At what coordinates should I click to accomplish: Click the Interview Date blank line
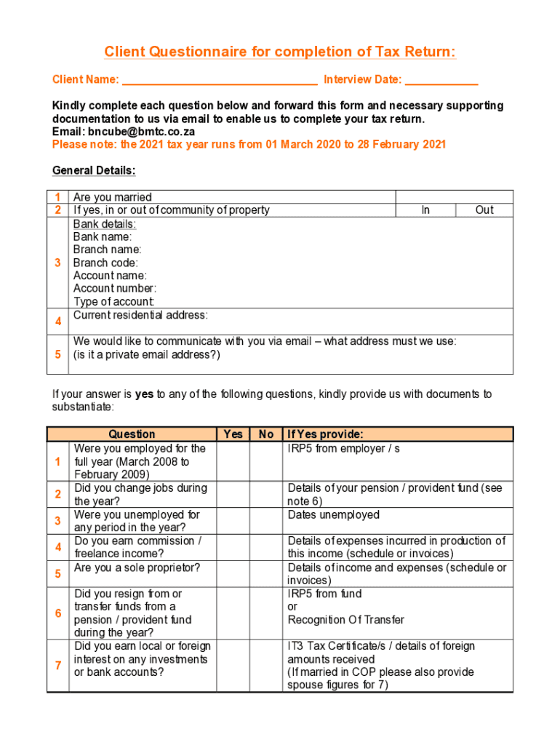[441, 80]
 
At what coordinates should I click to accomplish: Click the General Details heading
[94, 171]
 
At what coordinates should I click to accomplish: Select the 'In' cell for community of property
[425, 210]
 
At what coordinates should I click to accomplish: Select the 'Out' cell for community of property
[484, 210]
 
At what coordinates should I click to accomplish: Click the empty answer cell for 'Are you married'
[454, 197]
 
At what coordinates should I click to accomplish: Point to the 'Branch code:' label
[105, 263]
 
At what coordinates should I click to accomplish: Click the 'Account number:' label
[114, 289]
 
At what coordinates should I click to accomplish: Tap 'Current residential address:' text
[140, 315]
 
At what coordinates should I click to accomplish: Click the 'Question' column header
[132, 434]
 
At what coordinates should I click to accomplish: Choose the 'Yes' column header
[233, 434]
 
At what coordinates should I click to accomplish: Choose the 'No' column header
[266, 434]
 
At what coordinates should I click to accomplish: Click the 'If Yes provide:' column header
[325, 434]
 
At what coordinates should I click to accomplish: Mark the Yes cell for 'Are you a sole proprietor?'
[233, 574]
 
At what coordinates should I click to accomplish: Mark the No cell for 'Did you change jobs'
[266, 495]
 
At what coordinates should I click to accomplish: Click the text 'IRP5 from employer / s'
[343, 449]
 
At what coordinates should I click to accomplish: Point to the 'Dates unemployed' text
[333, 515]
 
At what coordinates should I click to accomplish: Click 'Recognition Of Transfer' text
[345, 620]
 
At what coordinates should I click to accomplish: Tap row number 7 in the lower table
[57, 666]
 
